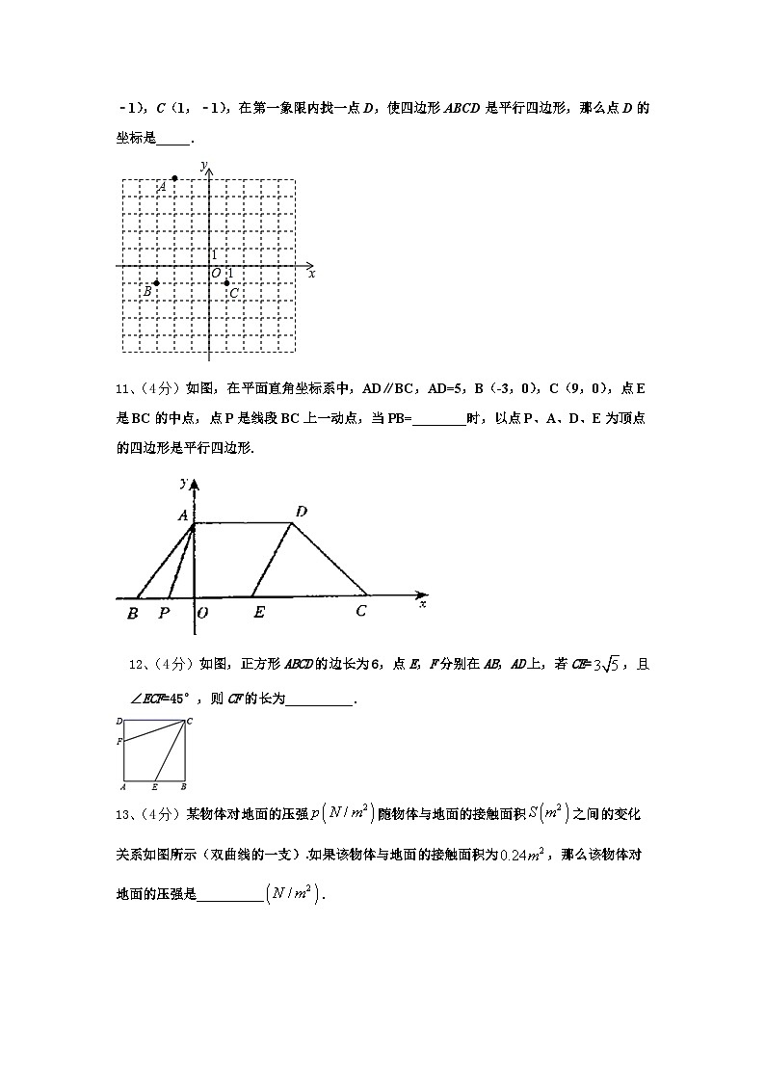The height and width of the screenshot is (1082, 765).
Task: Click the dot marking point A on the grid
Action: click(174, 178)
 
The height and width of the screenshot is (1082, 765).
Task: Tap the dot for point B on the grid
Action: click(157, 283)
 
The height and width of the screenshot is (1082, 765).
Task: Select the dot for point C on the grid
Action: click(226, 283)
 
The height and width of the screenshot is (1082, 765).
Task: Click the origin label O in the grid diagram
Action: click(216, 274)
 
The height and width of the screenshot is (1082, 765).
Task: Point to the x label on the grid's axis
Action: click(312, 275)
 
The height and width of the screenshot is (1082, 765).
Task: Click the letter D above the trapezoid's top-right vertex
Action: click(301, 512)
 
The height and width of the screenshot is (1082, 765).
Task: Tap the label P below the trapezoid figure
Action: click(164, 612)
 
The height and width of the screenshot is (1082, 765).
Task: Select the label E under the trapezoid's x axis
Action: click(258, 612)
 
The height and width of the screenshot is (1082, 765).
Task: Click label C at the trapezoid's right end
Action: click(361, 611)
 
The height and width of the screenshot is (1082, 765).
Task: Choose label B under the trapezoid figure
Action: click(132, 613)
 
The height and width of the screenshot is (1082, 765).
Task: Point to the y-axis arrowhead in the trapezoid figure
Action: click(195, 486)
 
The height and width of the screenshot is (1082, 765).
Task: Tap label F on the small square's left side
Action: click(119, 741)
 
